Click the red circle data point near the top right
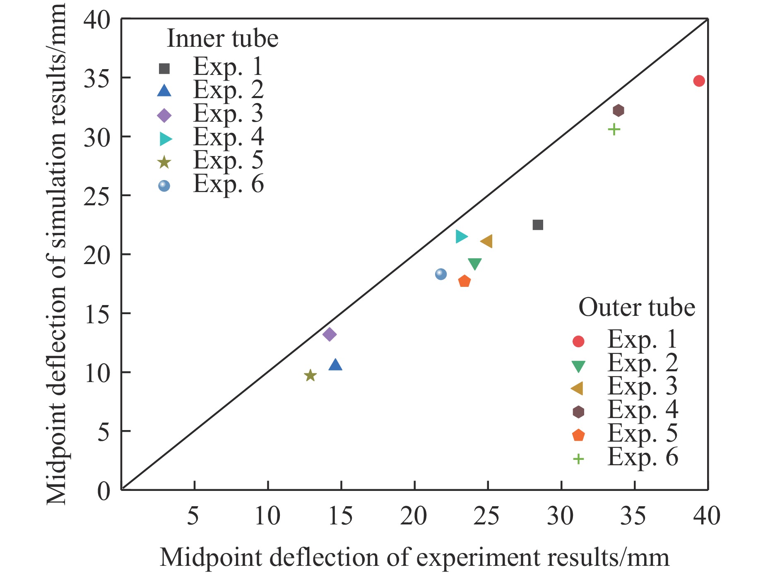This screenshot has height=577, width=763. (699, 81)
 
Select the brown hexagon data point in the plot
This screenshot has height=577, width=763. (618, 111)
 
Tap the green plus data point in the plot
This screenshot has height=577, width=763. (614, 130)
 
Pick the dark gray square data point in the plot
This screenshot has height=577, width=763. (537, 225)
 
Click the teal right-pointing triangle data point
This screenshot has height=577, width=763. (461, 237)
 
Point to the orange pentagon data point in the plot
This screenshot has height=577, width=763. (465, 281)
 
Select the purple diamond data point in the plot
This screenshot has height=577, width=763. (329, 334)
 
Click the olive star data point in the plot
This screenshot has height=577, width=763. (310, 376)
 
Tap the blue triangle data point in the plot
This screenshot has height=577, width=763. (335, 365)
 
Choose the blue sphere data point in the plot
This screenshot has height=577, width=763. (441, 274)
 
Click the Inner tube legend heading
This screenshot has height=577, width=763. (222, 39)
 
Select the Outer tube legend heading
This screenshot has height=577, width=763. (636, 308)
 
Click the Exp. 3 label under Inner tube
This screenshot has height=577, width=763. (228, 113)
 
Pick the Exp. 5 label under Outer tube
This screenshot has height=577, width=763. (642, 433)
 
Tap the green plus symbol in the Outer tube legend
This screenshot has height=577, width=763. (578, 459)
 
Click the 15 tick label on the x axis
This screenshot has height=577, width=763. (340, 517)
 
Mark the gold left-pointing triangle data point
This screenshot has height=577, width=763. (486, 241)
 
